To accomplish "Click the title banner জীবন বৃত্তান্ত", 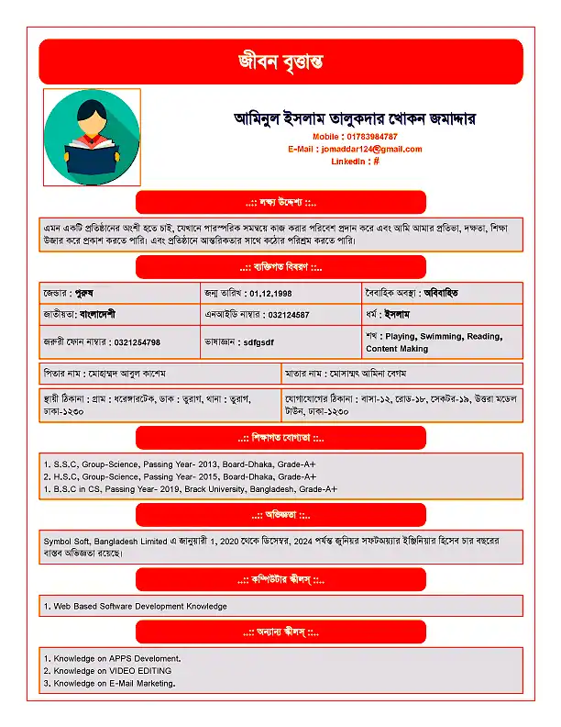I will click(x=280, y=62).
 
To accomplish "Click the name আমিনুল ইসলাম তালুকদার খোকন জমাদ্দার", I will click(x=355, y=118).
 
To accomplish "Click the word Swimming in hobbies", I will click(x=441, y=337).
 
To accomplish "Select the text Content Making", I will click(x=397, y=349).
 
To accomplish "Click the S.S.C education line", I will click(x=180, y=464).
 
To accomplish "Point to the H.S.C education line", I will click(x=180, y=476).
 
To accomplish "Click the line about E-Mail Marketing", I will click(x=110, y=683).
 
